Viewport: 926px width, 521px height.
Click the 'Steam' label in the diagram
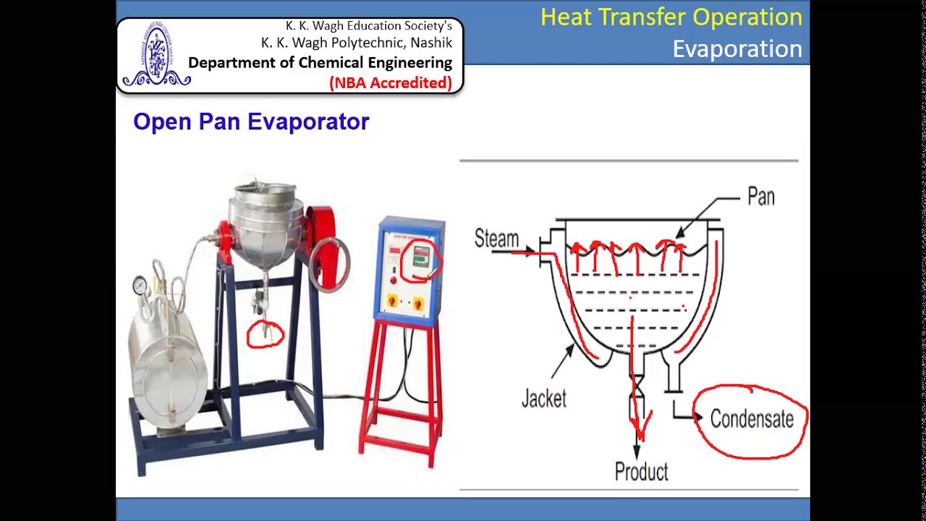tap(496, 239)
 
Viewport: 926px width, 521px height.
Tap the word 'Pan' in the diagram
tap(760, 197)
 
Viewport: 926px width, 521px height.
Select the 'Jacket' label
tap(543, 399)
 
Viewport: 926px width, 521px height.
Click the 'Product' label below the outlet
tap(641, 472)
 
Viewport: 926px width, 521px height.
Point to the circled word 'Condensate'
tap(752, 420)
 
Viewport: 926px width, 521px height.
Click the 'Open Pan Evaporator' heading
tap(251, 122)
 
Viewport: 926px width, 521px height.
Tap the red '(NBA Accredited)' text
tap(391, 83)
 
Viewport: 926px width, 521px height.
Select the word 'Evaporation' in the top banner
tap(736, 49)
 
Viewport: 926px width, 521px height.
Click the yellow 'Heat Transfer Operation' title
tap(671, 17)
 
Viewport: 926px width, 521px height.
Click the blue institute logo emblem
tap(156, 57)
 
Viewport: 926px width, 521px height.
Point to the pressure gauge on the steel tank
tap(140, 287)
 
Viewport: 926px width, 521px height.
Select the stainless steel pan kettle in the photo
tap(263, 221)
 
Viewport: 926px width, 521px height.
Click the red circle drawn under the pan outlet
tap(266, 335)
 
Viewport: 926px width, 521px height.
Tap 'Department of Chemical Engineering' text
tap(320, 63)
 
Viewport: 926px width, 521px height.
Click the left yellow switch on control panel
tap(393, 300)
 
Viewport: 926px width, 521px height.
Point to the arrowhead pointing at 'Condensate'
tap(698, 418)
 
